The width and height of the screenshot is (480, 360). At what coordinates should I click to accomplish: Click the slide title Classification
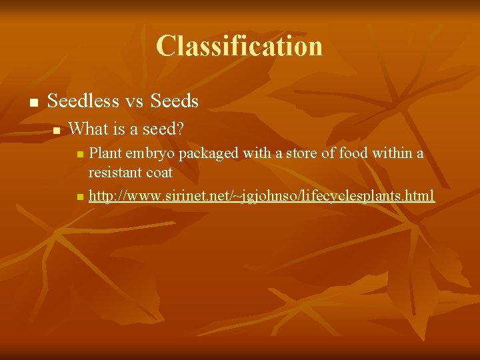tap(239, 46)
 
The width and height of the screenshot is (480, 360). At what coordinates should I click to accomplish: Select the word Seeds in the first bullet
tap(175, 101)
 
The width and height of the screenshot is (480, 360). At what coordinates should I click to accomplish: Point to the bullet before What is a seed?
tap(57, 129)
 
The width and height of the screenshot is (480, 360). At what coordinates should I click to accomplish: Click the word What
tap(89, 128)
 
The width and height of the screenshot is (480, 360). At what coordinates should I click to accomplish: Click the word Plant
tap(104, 153)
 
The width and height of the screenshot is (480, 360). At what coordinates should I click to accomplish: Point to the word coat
tap(159, 173)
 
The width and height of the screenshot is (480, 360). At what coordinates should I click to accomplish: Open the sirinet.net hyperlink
tap(261, 195)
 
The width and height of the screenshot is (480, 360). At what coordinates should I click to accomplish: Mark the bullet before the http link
tap(80, 197)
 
